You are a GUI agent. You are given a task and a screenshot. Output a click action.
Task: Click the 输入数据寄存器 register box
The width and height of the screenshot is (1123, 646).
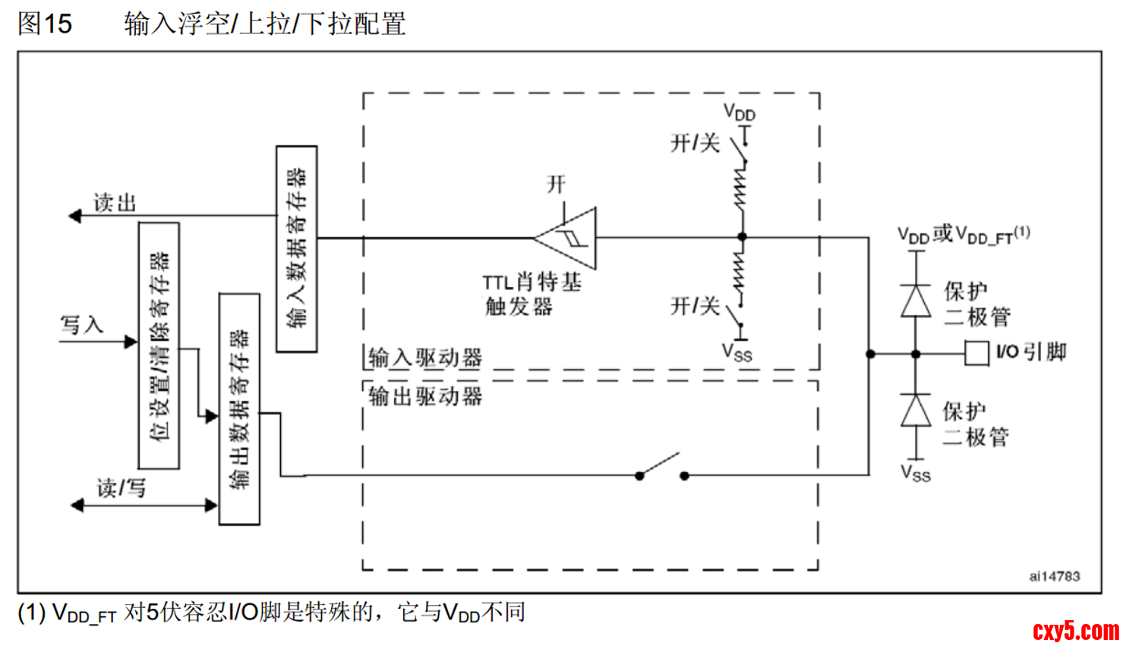tap(297, 248)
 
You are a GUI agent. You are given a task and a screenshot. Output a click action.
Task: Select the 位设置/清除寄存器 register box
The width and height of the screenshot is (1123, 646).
tap(159, 345)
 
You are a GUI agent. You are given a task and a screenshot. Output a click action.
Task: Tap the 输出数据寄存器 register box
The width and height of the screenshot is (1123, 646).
tap(239, 408)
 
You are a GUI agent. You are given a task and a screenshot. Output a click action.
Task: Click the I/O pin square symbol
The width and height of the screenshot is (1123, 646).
tap(976, 354)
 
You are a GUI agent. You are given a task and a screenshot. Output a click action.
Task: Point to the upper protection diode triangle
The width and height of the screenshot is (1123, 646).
tap(916, 301)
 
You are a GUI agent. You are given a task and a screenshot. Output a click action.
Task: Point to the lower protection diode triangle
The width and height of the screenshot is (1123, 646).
tap(916, 411)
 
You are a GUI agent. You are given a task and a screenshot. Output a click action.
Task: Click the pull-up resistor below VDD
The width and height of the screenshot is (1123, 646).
tap(741, 188)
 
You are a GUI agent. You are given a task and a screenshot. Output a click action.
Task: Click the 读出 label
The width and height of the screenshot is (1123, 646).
tap(115, 203)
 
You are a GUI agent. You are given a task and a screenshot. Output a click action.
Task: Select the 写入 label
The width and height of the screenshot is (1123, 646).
tap(82, 325)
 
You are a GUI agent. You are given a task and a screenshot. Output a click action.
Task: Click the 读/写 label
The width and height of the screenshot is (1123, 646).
tap(121, 487)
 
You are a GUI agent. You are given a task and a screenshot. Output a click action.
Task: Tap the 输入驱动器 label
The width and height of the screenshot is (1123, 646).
tap(425, 358)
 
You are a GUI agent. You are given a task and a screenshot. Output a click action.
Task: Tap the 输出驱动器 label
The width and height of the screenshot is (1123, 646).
tap(425, 395)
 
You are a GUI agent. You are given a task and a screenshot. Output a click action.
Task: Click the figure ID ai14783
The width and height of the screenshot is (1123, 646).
tap(1055, 576)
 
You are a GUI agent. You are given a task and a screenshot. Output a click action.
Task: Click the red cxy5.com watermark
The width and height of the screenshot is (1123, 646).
tap(1076, 630)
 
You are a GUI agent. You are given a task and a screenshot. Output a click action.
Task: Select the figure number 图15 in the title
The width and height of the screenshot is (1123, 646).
tap(45, 24)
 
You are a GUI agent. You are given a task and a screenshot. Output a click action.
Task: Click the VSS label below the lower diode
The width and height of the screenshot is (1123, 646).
tap(916, 474)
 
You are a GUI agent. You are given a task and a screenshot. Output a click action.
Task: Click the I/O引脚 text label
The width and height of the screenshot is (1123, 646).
tap(1032, 352)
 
